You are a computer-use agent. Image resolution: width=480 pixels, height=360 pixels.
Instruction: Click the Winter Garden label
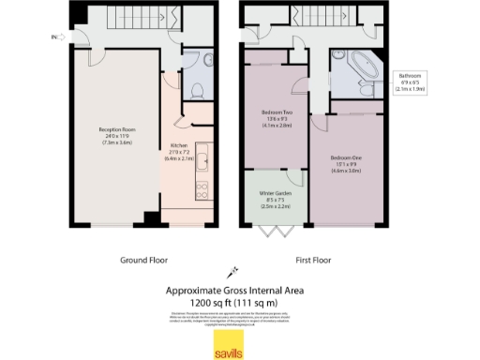click(276, 198)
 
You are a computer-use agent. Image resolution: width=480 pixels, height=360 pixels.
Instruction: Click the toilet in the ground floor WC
click(197, 87)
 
